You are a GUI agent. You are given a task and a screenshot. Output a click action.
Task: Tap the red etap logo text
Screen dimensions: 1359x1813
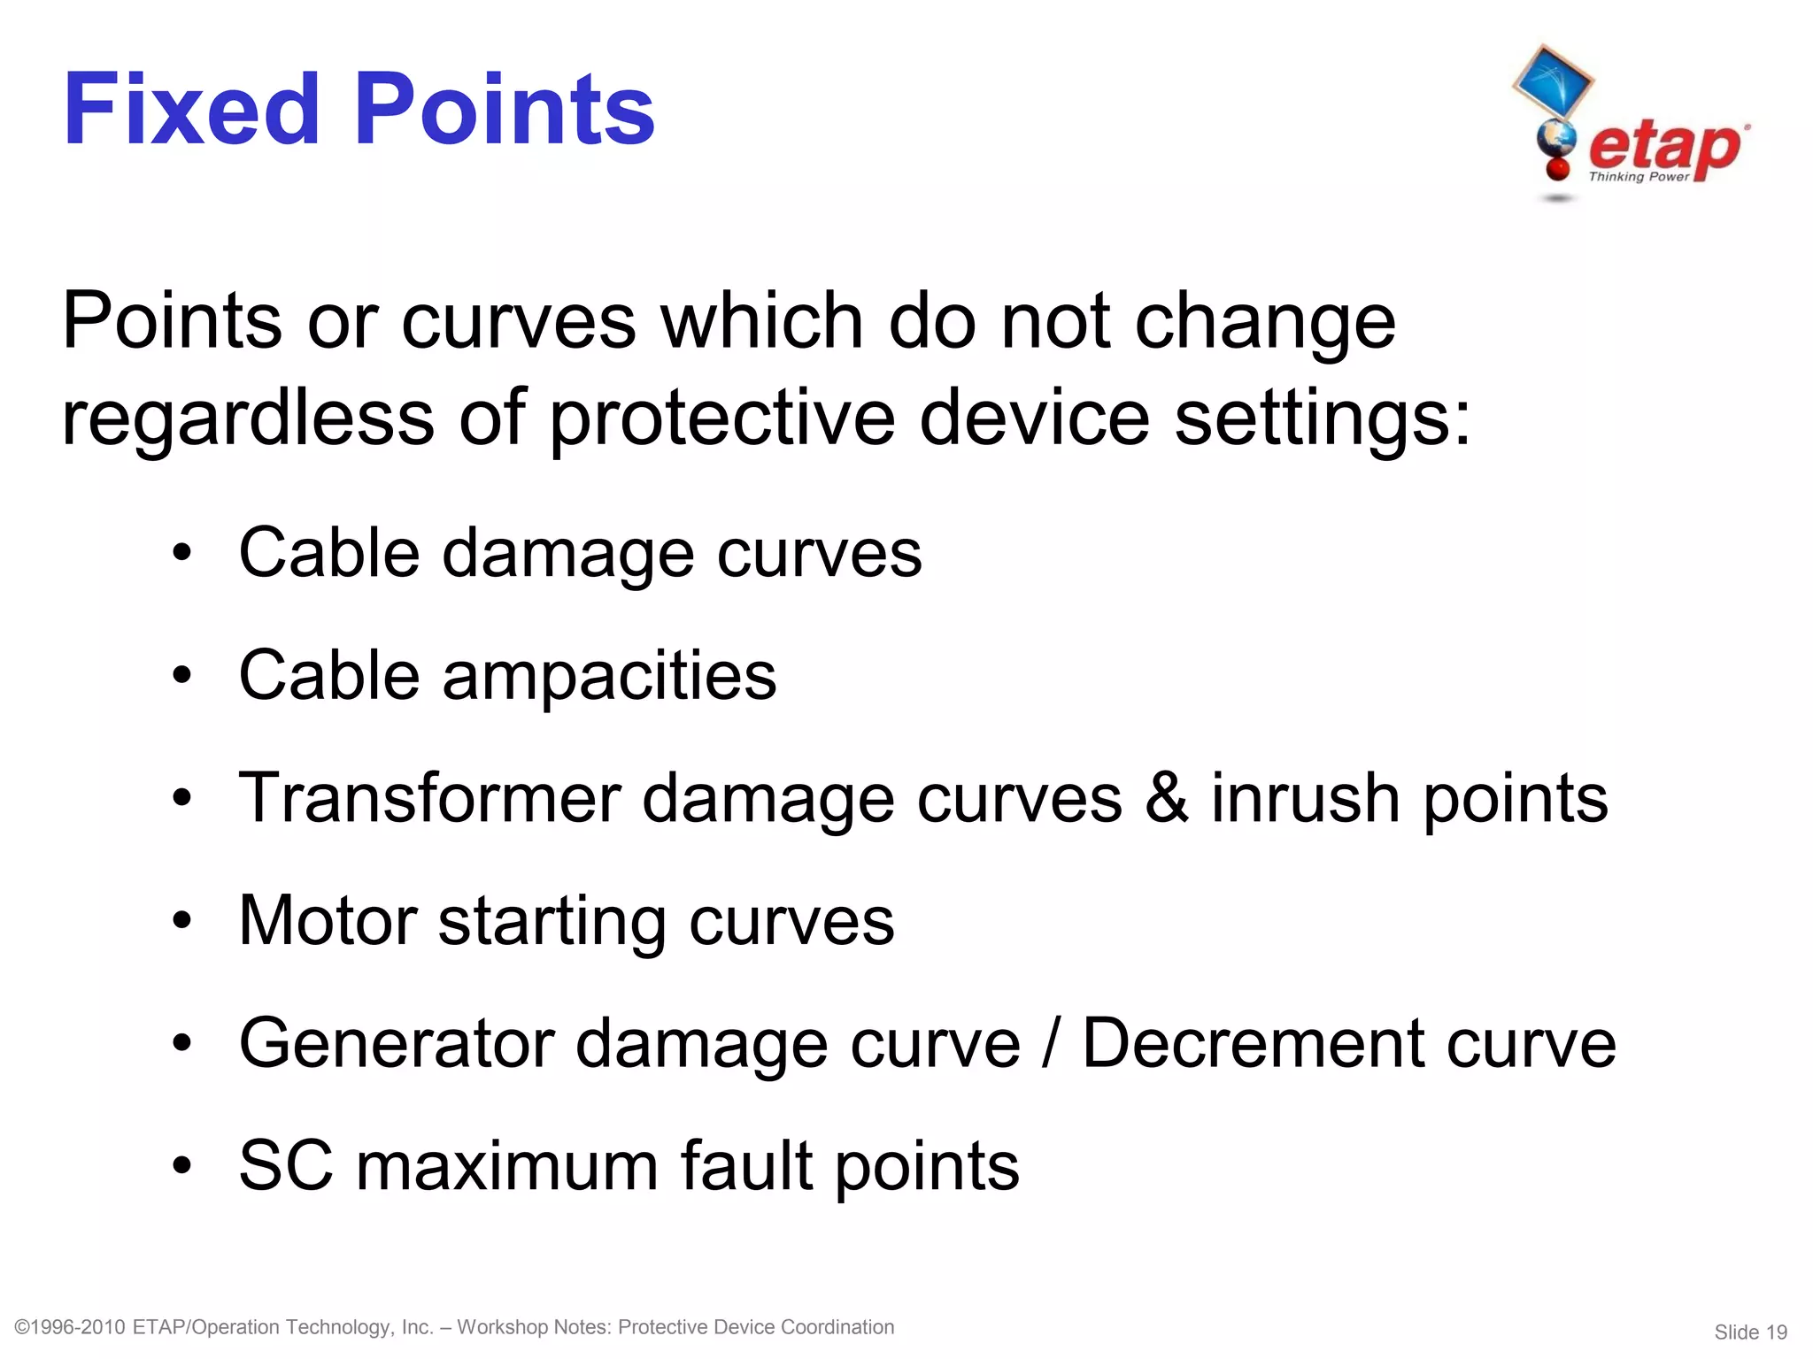coord(1664,146)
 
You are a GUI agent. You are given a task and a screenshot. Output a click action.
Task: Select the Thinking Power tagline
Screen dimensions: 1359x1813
coord(1639,177)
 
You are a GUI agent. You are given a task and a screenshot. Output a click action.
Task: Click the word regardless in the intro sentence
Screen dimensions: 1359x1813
coord(248,418)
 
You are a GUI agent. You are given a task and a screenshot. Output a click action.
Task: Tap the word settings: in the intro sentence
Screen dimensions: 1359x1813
coord(1323,418)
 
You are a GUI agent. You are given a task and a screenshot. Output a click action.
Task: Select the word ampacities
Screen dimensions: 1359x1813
coord(609,676)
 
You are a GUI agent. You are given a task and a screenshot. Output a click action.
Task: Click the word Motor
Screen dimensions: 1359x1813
coord(328,921)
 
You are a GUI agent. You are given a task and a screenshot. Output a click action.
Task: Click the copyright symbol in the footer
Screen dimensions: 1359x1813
coord(22,1327)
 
